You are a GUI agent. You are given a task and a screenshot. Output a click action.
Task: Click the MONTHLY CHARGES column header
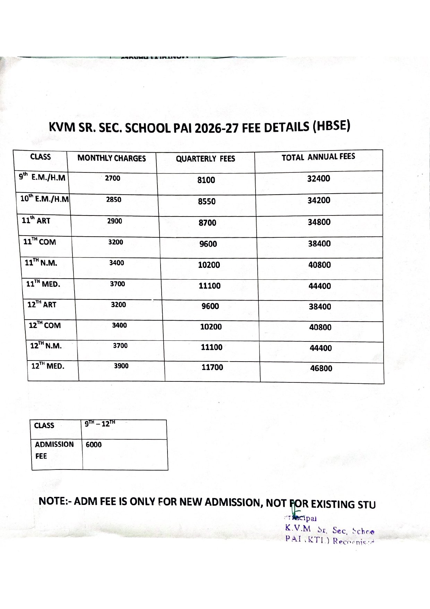[112, 158]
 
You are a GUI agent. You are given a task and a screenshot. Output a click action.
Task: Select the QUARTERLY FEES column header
[205, 159]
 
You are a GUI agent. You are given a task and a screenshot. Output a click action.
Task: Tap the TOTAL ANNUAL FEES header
[318, 157]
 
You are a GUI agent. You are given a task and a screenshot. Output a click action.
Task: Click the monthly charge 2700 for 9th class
[113, 178]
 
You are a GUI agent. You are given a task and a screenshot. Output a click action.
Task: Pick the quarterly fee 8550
[207, 202]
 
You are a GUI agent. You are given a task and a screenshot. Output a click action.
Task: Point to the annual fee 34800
[319, 222]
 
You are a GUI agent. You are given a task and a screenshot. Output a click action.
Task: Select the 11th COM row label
[40, 242]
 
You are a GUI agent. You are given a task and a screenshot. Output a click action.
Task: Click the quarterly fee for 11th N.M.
[209, 265]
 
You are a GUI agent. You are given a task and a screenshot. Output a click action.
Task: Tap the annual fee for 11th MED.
[320, 286]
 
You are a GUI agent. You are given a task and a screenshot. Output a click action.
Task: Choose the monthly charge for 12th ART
[118, 305]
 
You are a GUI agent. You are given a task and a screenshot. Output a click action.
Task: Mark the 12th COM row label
[45, 325]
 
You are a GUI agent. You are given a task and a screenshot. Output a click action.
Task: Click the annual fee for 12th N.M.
[321, 348]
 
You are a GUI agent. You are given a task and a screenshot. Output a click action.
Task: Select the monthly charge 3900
[121, 366]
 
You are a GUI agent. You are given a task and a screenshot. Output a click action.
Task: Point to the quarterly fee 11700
[212, 367]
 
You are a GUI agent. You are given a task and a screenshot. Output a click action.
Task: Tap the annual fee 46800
[321, 369]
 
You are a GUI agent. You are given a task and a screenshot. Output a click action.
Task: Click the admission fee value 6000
[94, 445]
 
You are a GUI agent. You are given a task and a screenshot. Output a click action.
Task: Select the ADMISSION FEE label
[54, 450]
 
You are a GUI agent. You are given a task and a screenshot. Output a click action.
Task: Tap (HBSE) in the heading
[331, 126]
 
